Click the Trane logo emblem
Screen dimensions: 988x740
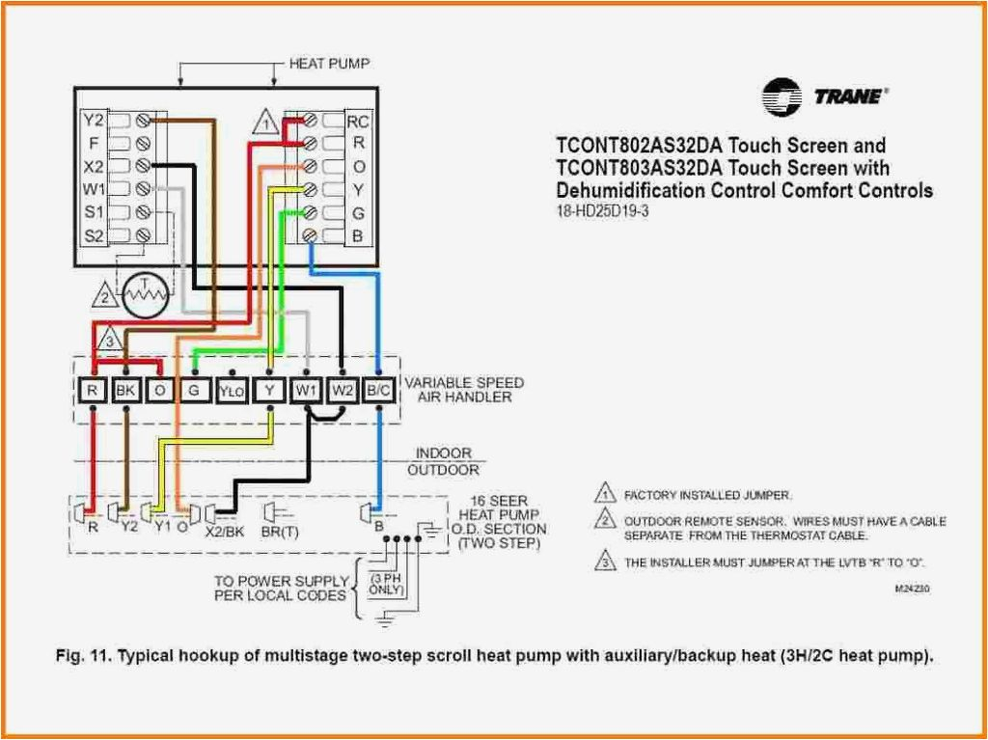point(782,97)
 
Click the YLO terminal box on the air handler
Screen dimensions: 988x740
point(232,391)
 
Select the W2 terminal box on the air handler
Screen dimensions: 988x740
point(343,391)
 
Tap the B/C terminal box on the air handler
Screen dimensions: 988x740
point(378,391)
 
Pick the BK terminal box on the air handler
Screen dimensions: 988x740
point(125,391)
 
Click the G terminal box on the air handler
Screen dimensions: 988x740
point(194,391)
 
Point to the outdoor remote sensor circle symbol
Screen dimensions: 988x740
point(146,294)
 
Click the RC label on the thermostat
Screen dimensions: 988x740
point(357,121)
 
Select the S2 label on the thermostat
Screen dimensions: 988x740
point(94,235)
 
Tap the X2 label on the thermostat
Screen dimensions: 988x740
point(94,167)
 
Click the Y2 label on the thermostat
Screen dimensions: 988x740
point(94,120)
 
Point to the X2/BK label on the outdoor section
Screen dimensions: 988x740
point(225,532)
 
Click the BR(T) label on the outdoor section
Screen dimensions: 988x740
point(280,532)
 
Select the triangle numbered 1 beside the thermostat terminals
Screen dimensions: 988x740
point(266,122)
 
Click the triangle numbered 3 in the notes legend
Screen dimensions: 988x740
point(605,561)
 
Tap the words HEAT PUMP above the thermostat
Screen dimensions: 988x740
point(330,64)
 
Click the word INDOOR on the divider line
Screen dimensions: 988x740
point(443,453)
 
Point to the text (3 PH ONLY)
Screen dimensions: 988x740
point(386,584)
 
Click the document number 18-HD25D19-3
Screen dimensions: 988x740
point(602,211)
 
